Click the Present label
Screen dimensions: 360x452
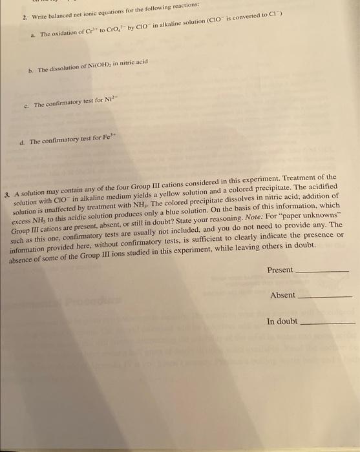[x=280, y=270]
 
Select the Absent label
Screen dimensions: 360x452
[x=282, y=295]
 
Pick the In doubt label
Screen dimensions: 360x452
[x=282, y=321]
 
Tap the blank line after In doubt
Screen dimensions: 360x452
[x=328, y=323]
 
